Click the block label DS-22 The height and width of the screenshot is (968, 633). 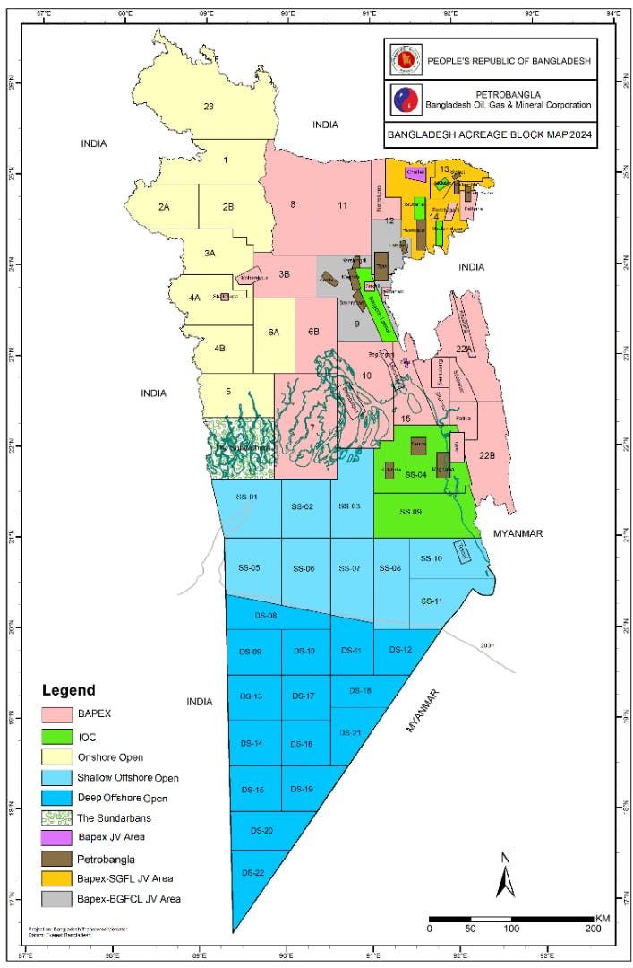[253, 872]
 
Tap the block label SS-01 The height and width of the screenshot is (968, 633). [247, 497]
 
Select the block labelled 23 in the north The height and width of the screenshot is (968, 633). [209, 107]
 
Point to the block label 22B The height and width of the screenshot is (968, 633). [486, 455]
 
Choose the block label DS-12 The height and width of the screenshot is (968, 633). [400, 649]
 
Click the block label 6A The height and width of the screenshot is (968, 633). [274, 332]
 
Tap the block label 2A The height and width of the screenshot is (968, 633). [164, 207]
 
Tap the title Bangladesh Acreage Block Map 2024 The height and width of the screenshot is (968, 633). [490, 137]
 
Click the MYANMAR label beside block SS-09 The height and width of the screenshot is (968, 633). [518, 533]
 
